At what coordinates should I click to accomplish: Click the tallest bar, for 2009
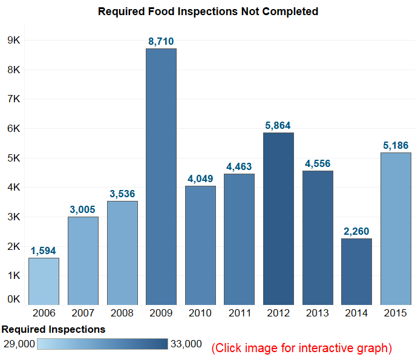[x=161, y=176]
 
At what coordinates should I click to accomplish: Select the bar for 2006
[x=44, y=281]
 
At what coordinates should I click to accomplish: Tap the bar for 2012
[x=278, y=218]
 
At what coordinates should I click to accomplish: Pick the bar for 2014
[x=356, y=272]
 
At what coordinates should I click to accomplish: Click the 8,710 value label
[x=161, y=41]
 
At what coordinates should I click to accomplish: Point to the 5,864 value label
[x=278, y=125]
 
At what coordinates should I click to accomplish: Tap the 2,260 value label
[x=356, y=231]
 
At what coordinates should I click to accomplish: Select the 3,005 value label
[x=83, y=209]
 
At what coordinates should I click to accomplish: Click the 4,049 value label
[x=200, y=178]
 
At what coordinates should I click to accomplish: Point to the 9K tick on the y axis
[x=14, y=41]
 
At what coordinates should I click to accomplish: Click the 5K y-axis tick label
[x=14, y=158]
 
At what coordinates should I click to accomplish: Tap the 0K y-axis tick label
[x=14, y=299]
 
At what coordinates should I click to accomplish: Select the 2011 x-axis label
[x=239, y=313]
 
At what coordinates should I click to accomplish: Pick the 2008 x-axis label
[x=122, y=313]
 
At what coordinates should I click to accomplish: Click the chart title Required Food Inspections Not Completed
[x=208, y=11]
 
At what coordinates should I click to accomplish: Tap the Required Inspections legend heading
[x=54, y=330]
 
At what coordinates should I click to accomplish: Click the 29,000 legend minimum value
[x=18, y=344]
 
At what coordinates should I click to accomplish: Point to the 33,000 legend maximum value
[x=186, y=344]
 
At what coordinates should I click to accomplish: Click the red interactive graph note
[x=301, y=348]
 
